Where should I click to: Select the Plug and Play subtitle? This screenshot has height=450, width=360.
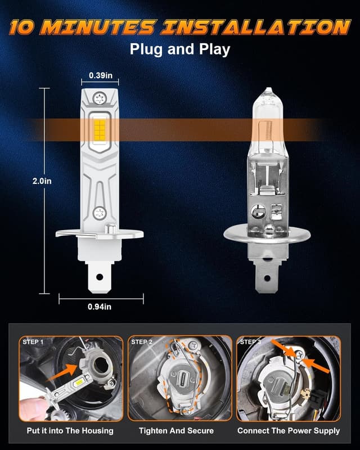coord(179,49)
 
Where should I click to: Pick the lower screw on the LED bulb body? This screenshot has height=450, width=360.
coord(100,213)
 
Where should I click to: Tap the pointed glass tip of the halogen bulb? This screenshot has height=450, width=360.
coord(268,91)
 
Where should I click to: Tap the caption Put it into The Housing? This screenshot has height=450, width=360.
coord(71,431)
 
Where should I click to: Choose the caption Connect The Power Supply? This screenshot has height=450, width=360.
coord(289,431)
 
